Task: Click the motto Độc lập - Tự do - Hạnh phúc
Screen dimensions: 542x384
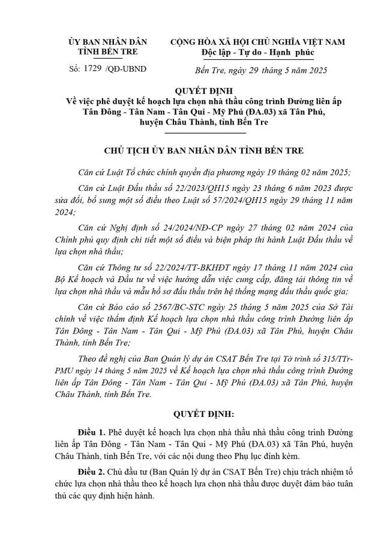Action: (x=257, y=53)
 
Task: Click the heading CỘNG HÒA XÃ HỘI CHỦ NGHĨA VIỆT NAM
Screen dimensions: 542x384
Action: (x=257, y=42)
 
